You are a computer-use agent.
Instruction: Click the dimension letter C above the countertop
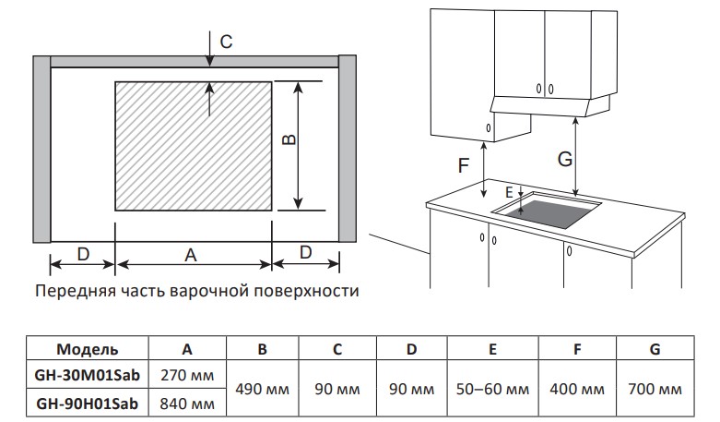pyautogui.click(x=226, y=41)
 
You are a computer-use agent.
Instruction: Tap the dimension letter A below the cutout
pyautogui.click(x=191, y=253)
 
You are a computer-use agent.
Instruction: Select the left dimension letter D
pyautogui.click(x=83, y=253)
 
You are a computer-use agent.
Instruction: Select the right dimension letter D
pyautogui.click(x=305, y=253)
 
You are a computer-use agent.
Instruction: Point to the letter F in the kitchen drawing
pyautogui.click(x=464, y=166)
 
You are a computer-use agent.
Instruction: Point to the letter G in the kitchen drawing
pyautogui.click(x=565, y=159)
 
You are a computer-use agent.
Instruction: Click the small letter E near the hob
pyautogui.click(x=509, y=192)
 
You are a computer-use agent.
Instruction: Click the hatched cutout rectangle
pyautogui.click(x=194, y=145)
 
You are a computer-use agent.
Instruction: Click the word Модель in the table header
pyautogui.click(x=87, y=349)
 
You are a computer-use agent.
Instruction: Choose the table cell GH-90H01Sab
pyautogui.click(x=87, y=404)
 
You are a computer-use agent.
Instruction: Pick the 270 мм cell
pyautogui.click(x=187, y=376)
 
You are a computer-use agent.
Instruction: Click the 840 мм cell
pyautogui.click(x=187, y=404)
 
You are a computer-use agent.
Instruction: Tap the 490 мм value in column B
pyautogui.click(x=263, y=390)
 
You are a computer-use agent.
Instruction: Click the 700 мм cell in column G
pyautogui.click(x=654, y=390)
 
